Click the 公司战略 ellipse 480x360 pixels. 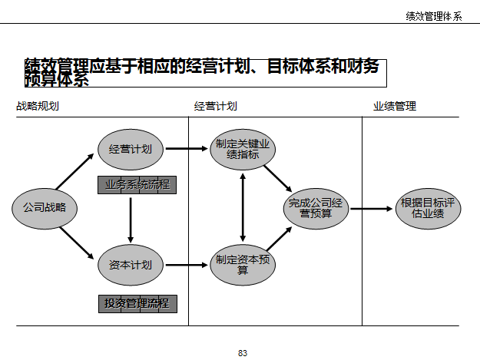pos(45,207)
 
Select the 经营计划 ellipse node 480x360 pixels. pos(131,149)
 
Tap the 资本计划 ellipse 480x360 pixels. pos(131,266)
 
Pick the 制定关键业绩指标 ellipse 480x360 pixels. pos(243,149)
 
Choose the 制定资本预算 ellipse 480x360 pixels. pos(243,265)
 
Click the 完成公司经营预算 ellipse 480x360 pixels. pos(316,207)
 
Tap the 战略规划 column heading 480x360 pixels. pos(38,107)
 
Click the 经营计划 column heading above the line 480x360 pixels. pos(215,107)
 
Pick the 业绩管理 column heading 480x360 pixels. pos(395,107)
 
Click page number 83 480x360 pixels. pos(243,353)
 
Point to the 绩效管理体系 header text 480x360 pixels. pos(434,16)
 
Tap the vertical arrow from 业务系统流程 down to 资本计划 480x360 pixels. pos(131,220)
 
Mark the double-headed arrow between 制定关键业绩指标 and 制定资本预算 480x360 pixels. pos(243,206)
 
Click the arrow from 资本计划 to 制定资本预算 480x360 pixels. pos(187,266)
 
